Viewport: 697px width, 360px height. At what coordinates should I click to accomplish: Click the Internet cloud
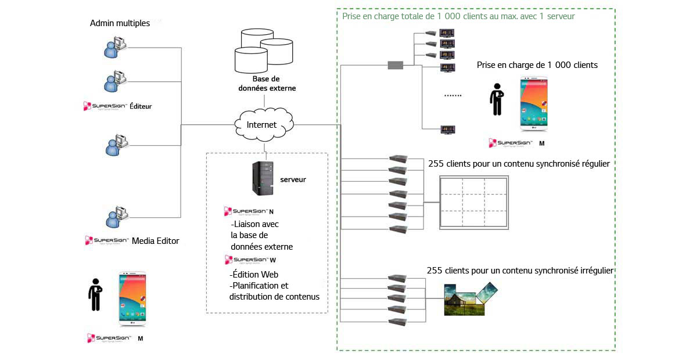click(x=263, y=124)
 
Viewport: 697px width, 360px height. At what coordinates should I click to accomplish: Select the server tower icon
click(x=261, y=178)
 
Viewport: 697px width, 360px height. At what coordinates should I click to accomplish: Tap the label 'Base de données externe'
click(x=267, y=84)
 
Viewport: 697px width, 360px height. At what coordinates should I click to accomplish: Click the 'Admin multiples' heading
click(x=120, y=23)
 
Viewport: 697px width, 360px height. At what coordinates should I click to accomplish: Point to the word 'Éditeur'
click(x=141, y=106)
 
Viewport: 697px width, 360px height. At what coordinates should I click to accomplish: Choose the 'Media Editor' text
click(x=156, y=240)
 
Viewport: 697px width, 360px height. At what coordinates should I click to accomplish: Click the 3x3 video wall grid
click(x=475, y=202)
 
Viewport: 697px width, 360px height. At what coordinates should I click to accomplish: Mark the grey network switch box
click(x=396, y=65)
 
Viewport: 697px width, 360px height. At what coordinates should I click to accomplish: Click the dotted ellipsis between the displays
click(x=452, y=95)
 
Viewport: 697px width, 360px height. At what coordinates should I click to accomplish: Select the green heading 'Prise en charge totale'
click(x=458, y=16)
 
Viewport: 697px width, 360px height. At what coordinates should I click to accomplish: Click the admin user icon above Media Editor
click(x=113, y=217)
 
